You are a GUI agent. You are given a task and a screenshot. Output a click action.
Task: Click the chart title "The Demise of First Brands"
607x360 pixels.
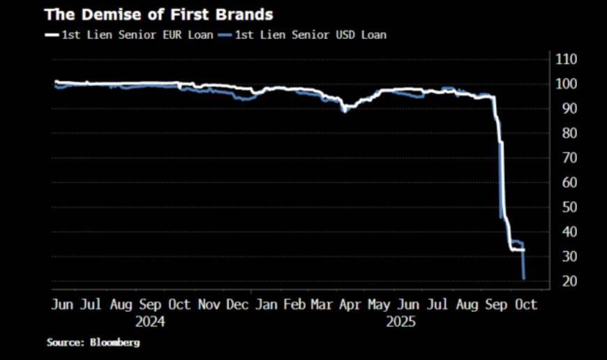[159, 14]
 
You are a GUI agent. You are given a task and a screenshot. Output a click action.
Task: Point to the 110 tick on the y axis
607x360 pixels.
[566, 59]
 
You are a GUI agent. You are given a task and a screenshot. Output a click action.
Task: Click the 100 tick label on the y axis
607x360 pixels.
[566, 84]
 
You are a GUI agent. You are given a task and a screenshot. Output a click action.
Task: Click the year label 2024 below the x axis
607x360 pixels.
[150, 322]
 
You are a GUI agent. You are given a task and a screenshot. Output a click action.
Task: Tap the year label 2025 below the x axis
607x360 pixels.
[400, 322]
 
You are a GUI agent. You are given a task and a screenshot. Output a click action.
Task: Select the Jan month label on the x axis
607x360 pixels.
[266, 305]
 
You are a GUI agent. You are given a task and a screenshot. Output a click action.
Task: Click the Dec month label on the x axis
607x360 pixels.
[237, 305]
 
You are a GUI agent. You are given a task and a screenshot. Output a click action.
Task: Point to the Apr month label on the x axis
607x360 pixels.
[349, 305]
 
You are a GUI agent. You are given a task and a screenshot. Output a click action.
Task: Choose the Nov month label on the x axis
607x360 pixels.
[209, 305]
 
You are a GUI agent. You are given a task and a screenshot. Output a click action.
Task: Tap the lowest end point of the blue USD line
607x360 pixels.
[524, 279]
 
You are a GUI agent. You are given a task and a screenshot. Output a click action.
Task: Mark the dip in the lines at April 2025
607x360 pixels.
[343, 110]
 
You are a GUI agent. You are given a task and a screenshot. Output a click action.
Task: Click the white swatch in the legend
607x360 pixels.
[51, 33]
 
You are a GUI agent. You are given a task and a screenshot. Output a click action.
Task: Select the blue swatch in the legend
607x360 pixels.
[225, 33]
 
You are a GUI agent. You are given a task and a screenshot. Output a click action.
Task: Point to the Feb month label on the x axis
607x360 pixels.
[295, 305]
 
